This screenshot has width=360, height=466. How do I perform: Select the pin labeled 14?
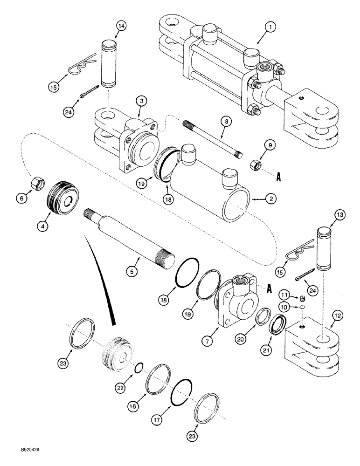coord(108,64)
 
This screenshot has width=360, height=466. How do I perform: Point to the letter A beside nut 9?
coord(279,177)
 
